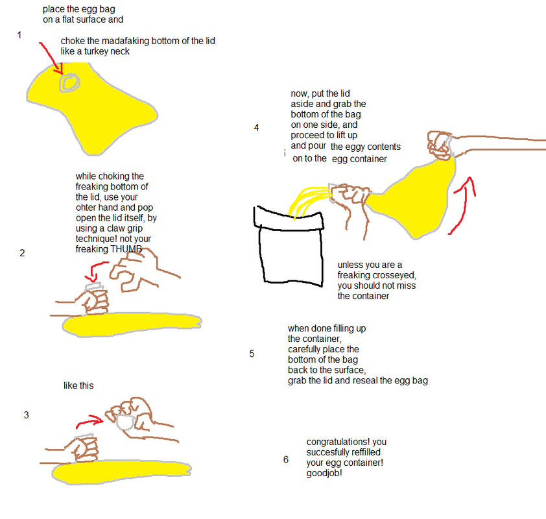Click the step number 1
click(19, 35)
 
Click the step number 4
click(256, 128)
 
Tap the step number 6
click(286, 459)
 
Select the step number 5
click(252, 354)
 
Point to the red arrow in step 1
click(53, 58)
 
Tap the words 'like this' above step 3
click(78, 385)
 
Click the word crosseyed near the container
click(395, 275)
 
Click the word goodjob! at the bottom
click(324, 473)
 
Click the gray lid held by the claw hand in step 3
click(125, 422)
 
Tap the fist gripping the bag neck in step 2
click(95, 301)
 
